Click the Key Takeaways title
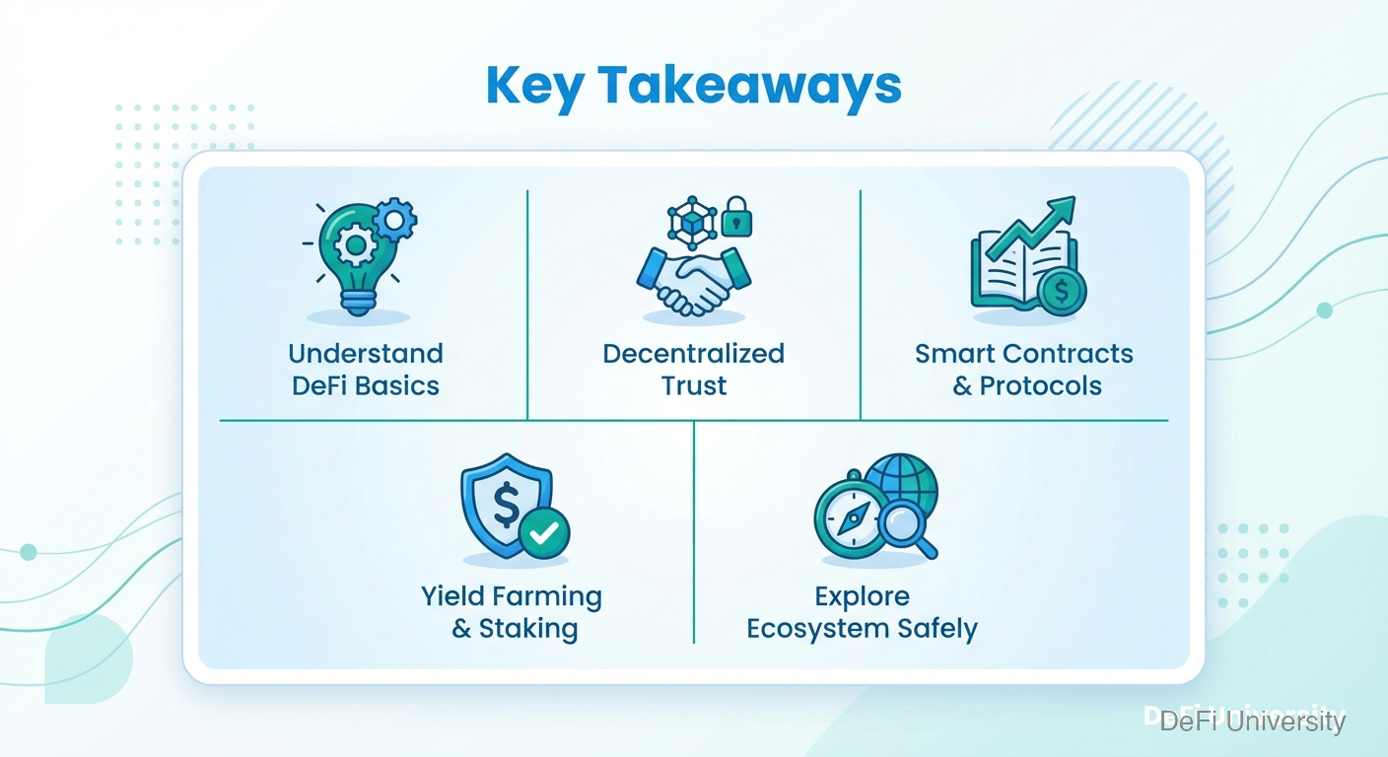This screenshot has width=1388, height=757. (693, 87)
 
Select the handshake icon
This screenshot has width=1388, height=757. (693, 282)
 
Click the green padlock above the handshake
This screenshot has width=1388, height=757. (736, 217)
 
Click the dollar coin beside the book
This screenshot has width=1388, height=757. (1062, 292)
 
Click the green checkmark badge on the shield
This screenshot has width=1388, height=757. (544, 532)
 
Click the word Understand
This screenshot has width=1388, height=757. (366, 354)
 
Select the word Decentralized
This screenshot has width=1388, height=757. (693, 354)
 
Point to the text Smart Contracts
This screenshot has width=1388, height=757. (1023, 354)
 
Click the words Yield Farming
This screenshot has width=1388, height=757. (512, 597)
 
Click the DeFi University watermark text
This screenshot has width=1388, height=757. (1252, 722)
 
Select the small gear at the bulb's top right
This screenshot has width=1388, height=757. (394, 219)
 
